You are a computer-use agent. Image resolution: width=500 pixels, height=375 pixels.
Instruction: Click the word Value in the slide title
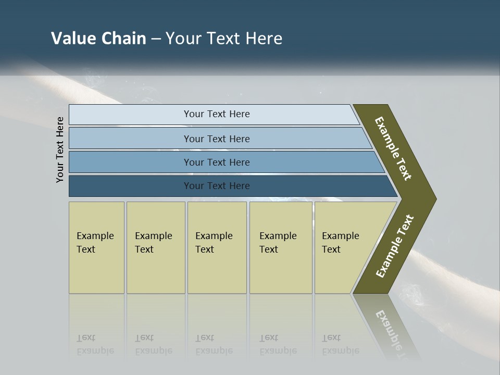[x=72, y=38]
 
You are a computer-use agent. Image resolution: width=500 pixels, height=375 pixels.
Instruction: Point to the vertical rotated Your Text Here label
[x=60, y=149]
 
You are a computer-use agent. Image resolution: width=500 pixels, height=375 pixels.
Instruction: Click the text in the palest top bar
[x=217, y=114]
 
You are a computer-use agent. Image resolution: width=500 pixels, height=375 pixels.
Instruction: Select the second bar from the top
[x=217, y=139]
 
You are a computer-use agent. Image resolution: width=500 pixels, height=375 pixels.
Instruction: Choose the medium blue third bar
[x=217, y=162]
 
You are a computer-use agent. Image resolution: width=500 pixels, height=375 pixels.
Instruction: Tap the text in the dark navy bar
[x=217, y=186]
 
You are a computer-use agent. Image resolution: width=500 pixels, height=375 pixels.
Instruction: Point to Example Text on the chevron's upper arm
[x=393, y=148]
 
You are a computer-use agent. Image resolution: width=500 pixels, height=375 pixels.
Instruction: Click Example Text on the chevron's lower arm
[x=394, y=246]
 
